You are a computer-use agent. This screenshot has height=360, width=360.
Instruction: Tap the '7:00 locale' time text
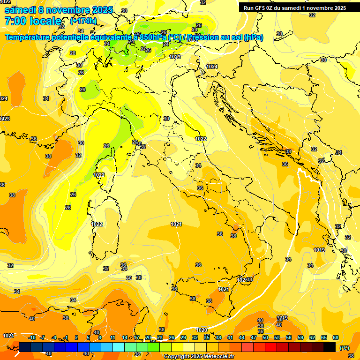click(x=33, y=21)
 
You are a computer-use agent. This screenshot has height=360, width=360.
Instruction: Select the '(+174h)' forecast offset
click(x=83, y=21)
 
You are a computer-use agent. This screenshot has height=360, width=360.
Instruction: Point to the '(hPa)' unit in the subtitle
click(x=254, y=37)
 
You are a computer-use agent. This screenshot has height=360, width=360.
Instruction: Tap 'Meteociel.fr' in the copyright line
click(x=217, y=357)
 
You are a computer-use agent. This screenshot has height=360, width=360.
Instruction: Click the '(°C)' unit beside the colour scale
click(x=344, y=348)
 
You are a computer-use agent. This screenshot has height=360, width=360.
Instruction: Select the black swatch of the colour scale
click(x=330, y=347)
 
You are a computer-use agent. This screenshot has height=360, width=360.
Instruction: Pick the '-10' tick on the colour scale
click(x=32, y=337)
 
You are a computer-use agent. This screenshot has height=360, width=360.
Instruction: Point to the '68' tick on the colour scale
click(x=336, y=337)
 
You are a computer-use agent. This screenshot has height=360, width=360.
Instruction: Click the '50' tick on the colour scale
click(x=265, y=337)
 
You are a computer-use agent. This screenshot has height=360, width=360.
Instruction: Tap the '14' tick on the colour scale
click(x=125, y=337)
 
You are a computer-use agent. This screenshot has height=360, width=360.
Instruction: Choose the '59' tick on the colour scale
click(x=300, y=337)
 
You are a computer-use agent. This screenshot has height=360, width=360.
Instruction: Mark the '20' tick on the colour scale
click(x=148, y=337)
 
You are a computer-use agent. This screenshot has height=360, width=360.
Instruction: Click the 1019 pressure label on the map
click(x=319, y=250)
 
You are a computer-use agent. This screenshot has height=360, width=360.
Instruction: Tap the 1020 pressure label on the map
click(x=202, y=330)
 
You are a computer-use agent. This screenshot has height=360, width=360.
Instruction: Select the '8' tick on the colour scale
click(x=100, y=337)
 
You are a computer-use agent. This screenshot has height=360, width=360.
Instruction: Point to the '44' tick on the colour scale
click(x=242, y=337)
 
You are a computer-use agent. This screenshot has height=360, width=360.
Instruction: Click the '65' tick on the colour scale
click(x=324, y=337)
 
